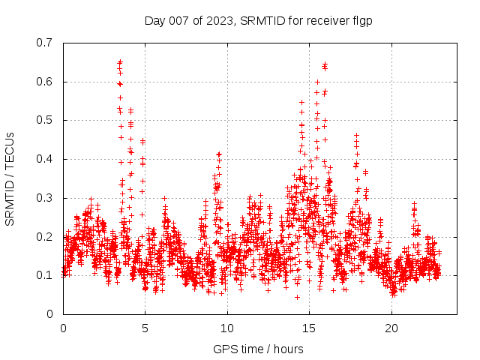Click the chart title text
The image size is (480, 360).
[259, 20]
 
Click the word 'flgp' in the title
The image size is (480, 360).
[362, 20]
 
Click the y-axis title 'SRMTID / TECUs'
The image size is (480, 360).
[10, 178]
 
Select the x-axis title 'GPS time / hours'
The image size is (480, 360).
[259, 349]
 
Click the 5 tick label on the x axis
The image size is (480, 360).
[145, 328]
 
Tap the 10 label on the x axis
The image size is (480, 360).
[227, 328]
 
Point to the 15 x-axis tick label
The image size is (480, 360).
[310, 328]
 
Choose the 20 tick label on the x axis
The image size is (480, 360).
[391, 328]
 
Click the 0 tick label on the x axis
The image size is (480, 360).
[63, 328]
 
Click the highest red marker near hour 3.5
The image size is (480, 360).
[120, 62]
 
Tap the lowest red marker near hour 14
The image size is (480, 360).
[297, 297]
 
